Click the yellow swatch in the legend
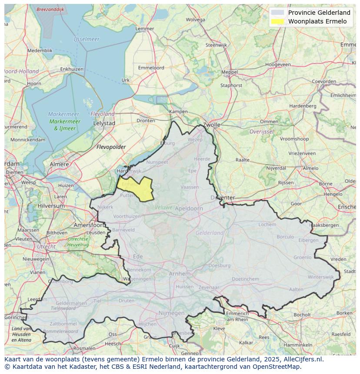pyautogui.click(x=277, y=21)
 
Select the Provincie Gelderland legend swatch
pyautogui.click(x=277, y=13)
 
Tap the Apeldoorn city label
pyautogui.click(x=189, y=209)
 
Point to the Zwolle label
pyautogui.click(x=212, y=125)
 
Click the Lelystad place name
pyautogui.click(x=104, y=123)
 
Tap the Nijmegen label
pyautogui.click(x=171, y=313)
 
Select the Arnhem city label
pyautogui.click(x=180, y=274)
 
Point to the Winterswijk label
pyautogui.click(x=320, y=277)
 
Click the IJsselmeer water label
pyautogui.click(x=87, y=39)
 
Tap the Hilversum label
pyautogui.click(x=51, y=205)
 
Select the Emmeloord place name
pyautogui.click(x=151, y=68)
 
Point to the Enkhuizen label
pyautogui.click(x=72, y=69)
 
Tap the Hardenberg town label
pyautogui.click(x=303, y=106)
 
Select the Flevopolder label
pyautogui.click(x=111, y=147)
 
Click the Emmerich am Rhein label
pyautogui.click(x=237, y=316)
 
